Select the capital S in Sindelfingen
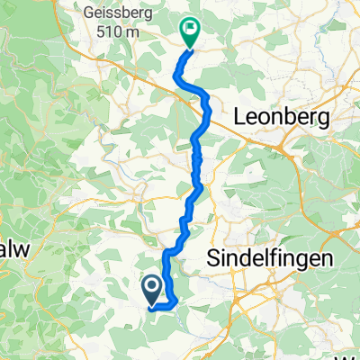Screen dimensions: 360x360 (215, 257)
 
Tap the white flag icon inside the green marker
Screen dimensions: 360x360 (190, 29)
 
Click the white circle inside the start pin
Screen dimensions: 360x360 (151, 286)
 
